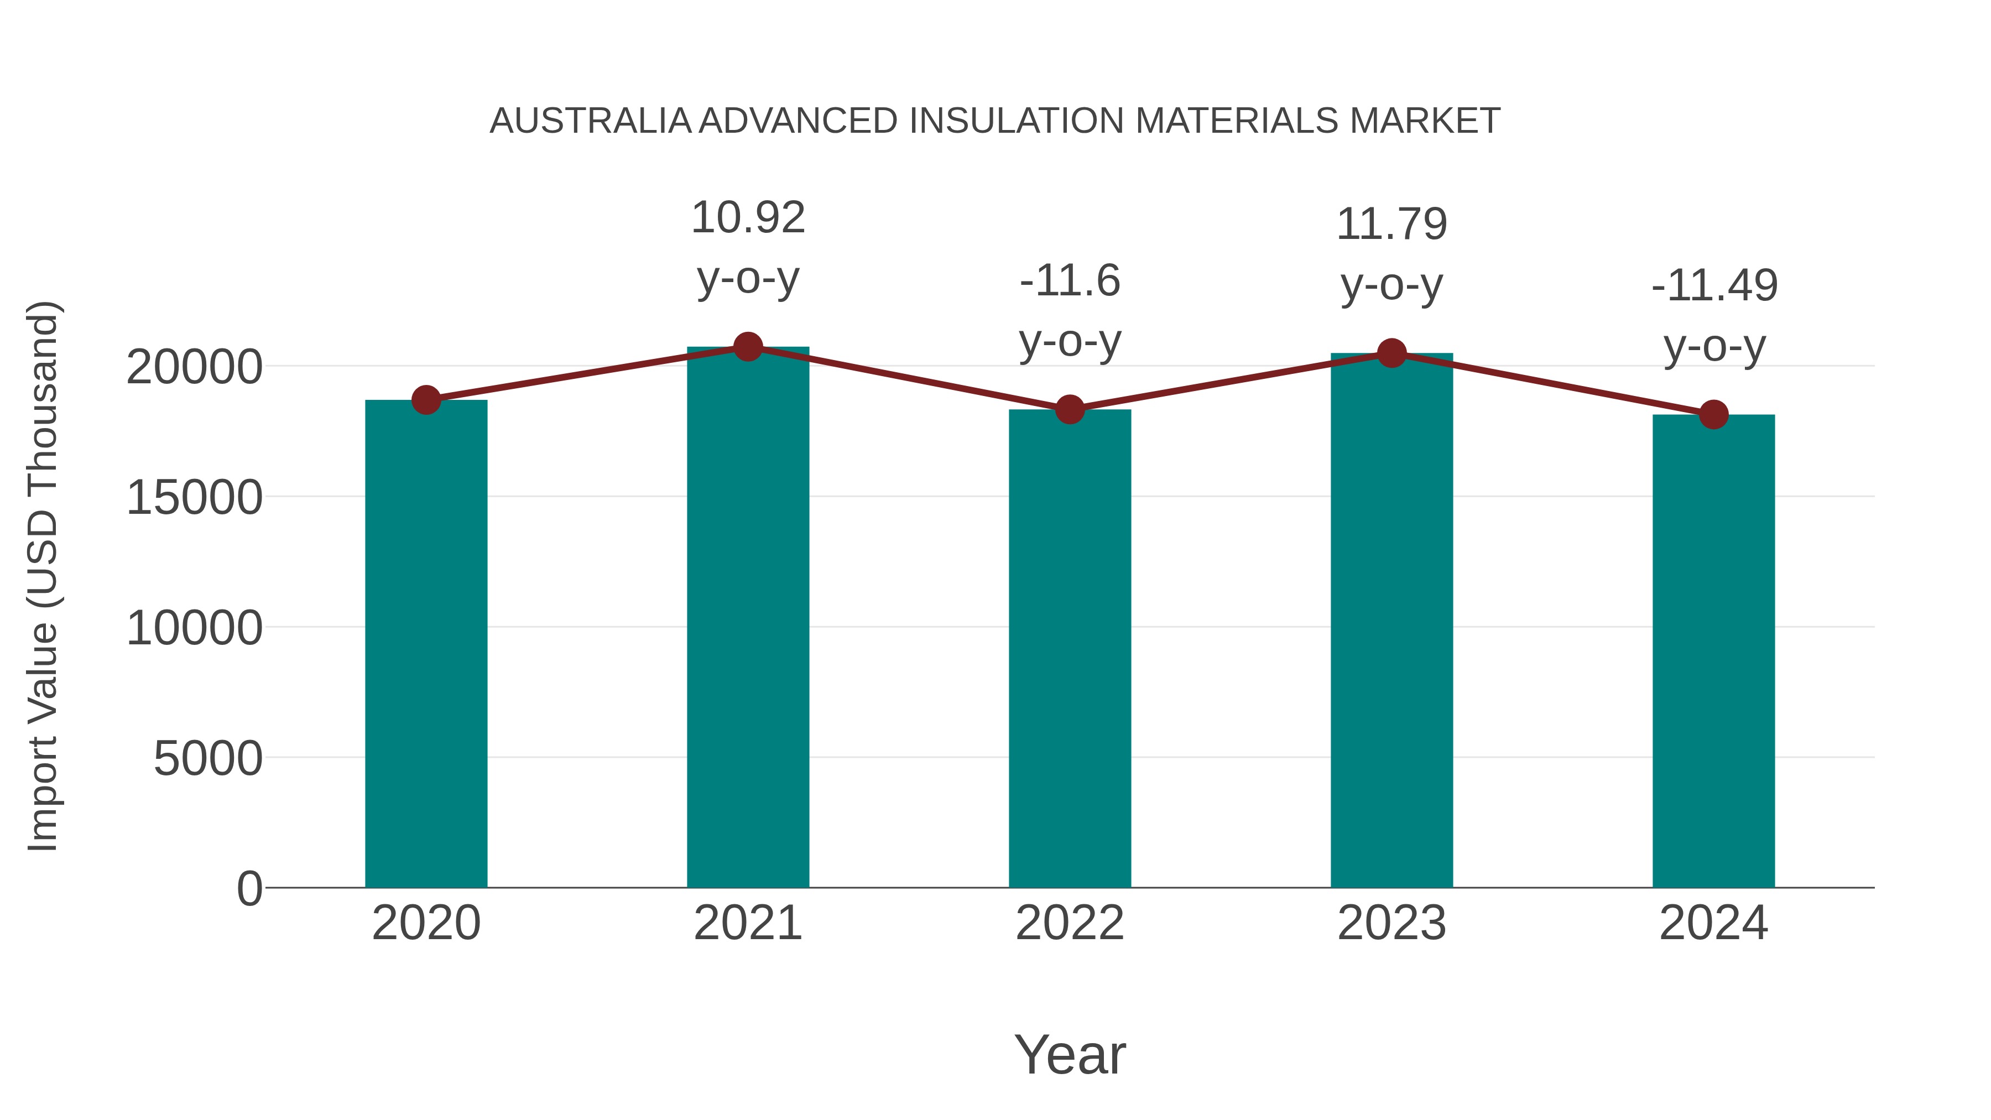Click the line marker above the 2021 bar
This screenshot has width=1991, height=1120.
[747, 347]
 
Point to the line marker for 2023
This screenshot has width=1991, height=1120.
[1391, 353]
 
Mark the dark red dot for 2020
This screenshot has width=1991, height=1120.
[426, 400]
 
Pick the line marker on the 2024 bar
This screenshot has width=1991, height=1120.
[1713, 415]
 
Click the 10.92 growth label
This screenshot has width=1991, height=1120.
[747, 218]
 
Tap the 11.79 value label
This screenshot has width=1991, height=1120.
[1391, 225]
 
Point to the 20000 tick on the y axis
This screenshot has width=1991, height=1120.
[194, 367]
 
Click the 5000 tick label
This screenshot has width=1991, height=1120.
[208, 758]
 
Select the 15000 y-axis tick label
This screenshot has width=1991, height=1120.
[194, 498]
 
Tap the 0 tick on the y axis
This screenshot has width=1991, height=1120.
[249, 888]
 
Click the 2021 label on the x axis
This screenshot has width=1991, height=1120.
[747, 923]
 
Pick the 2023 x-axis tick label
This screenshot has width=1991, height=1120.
[1391, 923]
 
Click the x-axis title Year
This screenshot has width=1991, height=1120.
[1070, 1054]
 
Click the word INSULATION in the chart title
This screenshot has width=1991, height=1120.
[1017, 121]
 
